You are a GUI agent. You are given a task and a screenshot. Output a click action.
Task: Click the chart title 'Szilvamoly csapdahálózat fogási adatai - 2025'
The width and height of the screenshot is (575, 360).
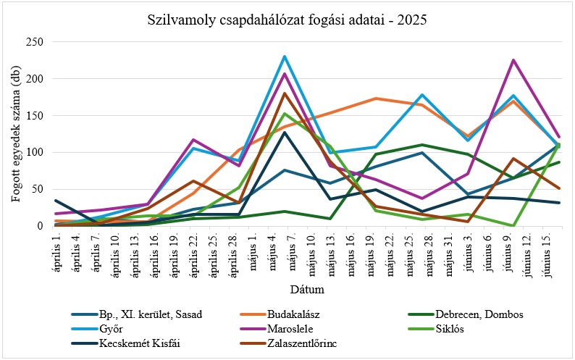click(x=287, y=20)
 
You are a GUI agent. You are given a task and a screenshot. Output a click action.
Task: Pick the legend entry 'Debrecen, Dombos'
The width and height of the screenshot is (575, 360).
click(x=479, y=314)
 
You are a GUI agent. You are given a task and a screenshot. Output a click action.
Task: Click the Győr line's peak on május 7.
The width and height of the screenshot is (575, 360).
click(x=285, y=56)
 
